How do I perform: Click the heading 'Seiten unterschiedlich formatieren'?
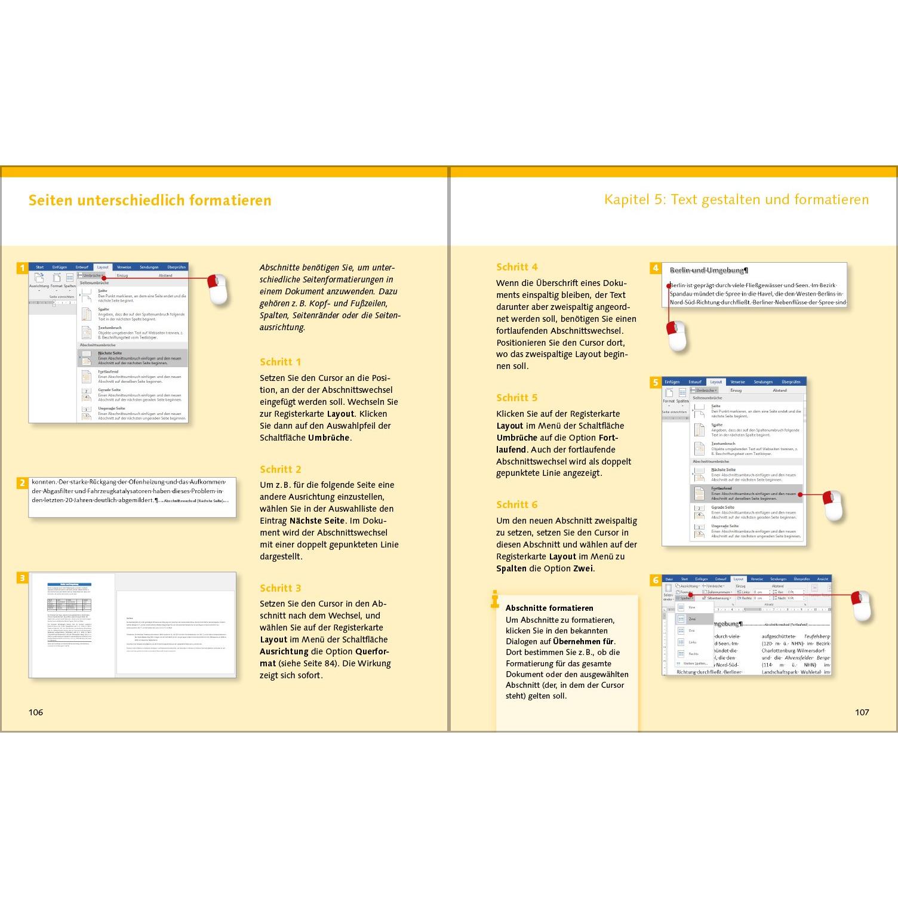pyautogui.click(x=150, y=200)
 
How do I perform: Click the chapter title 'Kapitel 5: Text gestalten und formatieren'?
pyautogui.click(x=736, y=199)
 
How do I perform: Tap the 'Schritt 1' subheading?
pyautogui.click(x=281, y=362)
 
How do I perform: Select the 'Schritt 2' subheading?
pyautogui.click(x=281, y=469)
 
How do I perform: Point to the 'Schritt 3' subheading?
pyautogui.click(x=281, y=588)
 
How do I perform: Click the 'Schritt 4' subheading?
pyautogui.click(x=517, y=267)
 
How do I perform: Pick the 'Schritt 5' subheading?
pyautogui.click(x=517, y=398)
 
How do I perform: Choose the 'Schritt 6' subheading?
pyautogui.click(x=517, y=505)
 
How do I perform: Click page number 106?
pyautogui.click(x=36, y=712)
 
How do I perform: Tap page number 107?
pyautogui.click(x=862, y=712)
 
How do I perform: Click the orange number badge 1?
pyautogui.click(x=23, y=268)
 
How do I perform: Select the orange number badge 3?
pyautogui.click(x=23, y=577)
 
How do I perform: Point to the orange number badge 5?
pyautogui.click(x=656, y=383)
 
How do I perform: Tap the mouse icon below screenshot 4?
pyautogui.click(x=676, y=336)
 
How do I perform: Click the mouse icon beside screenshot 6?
pyautogui.click(x=862, y=605)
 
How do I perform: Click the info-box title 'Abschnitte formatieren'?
pyautogui.click(x=549, y=608)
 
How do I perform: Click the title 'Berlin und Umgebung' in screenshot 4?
pyautogui.click(x=709, y=270)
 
